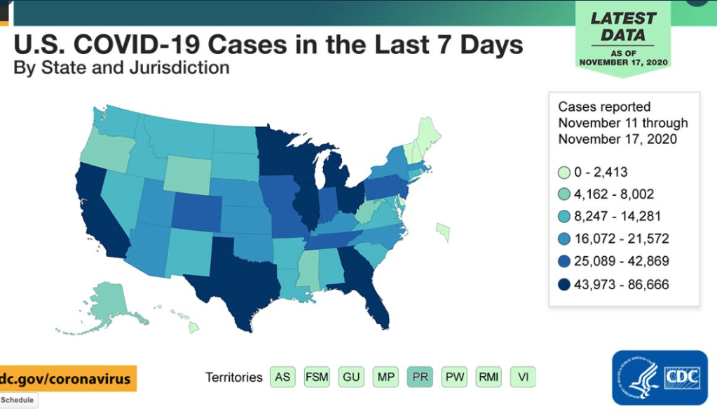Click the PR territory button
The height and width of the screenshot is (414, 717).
[420, 377]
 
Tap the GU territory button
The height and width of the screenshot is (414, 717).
[351, 377]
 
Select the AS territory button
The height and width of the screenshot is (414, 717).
[282, 377]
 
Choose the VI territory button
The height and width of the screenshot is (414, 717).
[522, 377]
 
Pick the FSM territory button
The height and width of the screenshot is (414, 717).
[317, 377]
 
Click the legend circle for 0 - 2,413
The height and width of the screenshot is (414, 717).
[564, 172]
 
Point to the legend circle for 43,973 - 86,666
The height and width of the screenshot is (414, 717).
[564, 284]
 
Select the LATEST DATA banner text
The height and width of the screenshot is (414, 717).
[623, 26]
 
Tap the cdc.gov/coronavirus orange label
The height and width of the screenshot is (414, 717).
[67, 378]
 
